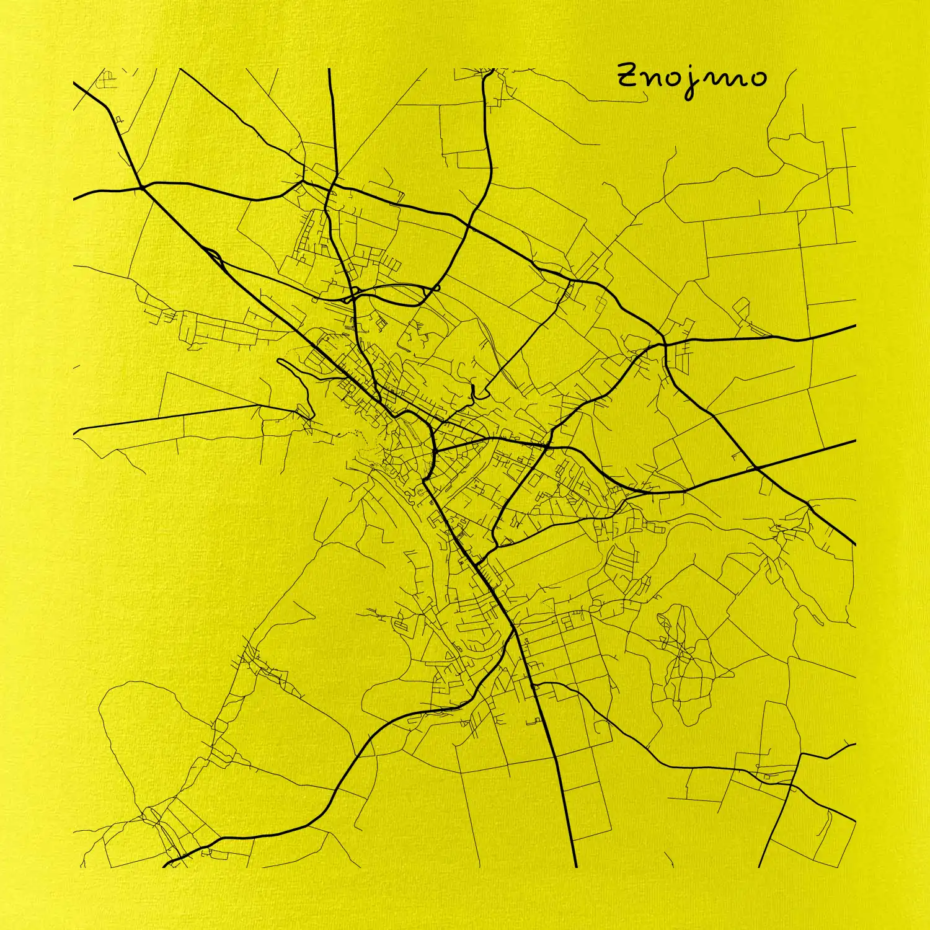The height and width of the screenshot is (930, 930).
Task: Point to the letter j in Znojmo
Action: click(x=688, y=84)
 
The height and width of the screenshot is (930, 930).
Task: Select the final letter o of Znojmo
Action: click(x=757, y=78)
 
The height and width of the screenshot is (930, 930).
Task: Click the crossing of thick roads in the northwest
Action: click(x=142, y=185)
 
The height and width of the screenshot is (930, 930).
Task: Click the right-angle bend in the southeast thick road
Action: click(x=801, y=755)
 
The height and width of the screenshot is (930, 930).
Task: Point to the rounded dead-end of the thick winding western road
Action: click(x=279, y=361)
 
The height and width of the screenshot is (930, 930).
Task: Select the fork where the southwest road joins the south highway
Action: click(x=514, y=631)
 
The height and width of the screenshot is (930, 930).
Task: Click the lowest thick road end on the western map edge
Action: click(x=74, y=430)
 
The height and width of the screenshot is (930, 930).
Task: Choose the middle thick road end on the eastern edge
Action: click(x=854, y=441)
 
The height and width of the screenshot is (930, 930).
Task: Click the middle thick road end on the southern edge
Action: click(x=575, y=866)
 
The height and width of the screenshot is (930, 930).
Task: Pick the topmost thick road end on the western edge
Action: click(x=74, y=82)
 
